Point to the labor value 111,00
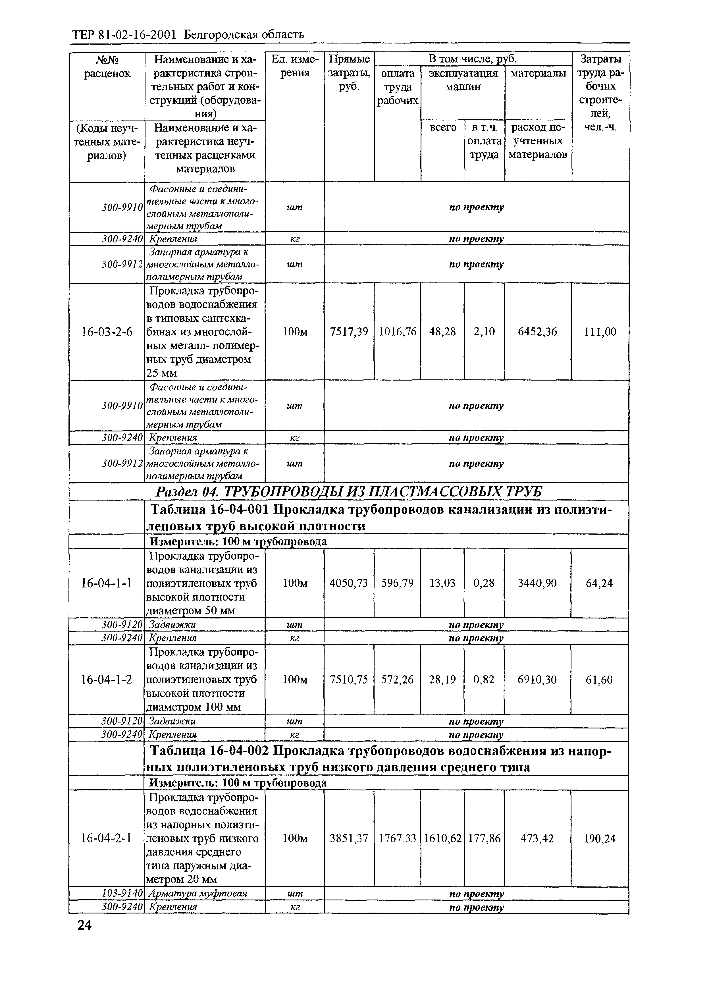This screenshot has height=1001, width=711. click(x=600, y=332)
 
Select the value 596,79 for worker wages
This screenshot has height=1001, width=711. click(x=397, y=583)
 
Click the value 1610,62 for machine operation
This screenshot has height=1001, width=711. click(x=442, y=838)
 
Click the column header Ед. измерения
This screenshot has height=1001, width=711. click(x=295, y=66)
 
